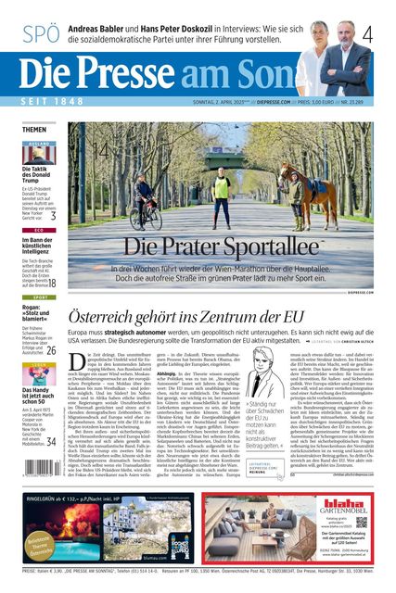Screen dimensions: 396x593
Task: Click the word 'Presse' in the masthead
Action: pyautogui.click(x=159, y=71)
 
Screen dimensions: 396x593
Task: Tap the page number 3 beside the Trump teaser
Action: pyautogui.click(x=53, y=216)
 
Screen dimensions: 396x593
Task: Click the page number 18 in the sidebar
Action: pyautogui.click(x=52, y=284)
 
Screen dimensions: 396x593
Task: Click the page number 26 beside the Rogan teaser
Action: pyautogui.click(x=52, y=351)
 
